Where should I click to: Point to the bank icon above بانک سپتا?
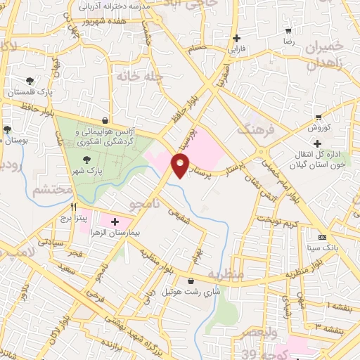(x=323, y=237)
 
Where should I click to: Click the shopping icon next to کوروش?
(x=319, y=117)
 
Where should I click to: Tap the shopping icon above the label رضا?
(x=288, y=32)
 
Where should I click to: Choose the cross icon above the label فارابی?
(x=236, y=38)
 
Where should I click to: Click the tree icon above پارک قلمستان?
(x=30, y=82)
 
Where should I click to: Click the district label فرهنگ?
(x=253, y=129)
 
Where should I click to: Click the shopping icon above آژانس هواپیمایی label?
(x=105, y=120)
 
